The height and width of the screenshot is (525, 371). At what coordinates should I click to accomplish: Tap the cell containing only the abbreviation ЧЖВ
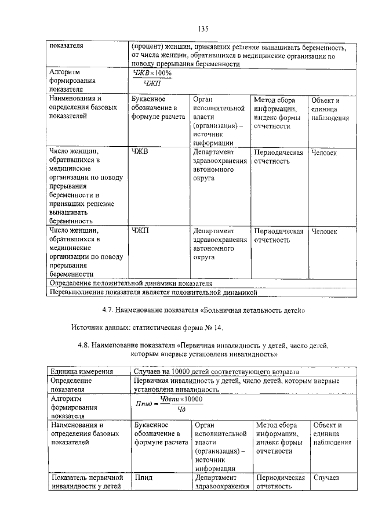click(x=141, y=153)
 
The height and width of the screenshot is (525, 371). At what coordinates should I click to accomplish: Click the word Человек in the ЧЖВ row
click(x=324, y=153)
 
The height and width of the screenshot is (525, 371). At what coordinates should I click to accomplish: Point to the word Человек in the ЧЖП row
click(x=324, y=231)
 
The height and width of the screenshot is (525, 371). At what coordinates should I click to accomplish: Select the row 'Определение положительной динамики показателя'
click(x=130, y=283)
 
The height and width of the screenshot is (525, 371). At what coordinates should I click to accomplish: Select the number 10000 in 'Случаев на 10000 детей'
click(x=178, y=371)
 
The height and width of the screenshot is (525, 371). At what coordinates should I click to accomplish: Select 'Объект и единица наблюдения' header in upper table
click(x=329, y=109)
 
